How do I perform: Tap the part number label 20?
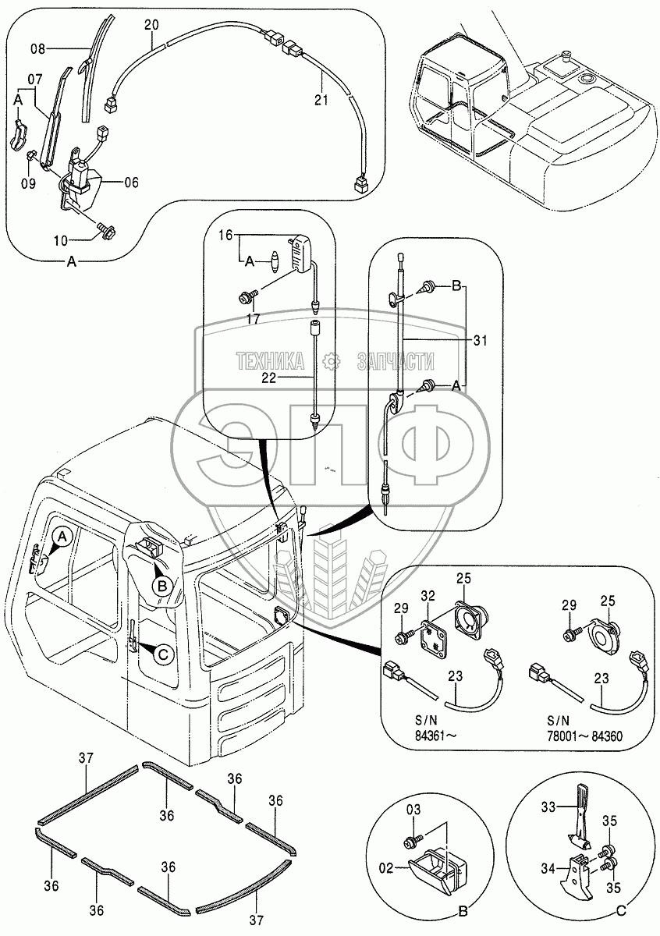(151, 25)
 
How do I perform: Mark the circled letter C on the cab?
(163, 656)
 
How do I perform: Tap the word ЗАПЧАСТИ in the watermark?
(395, 360)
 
